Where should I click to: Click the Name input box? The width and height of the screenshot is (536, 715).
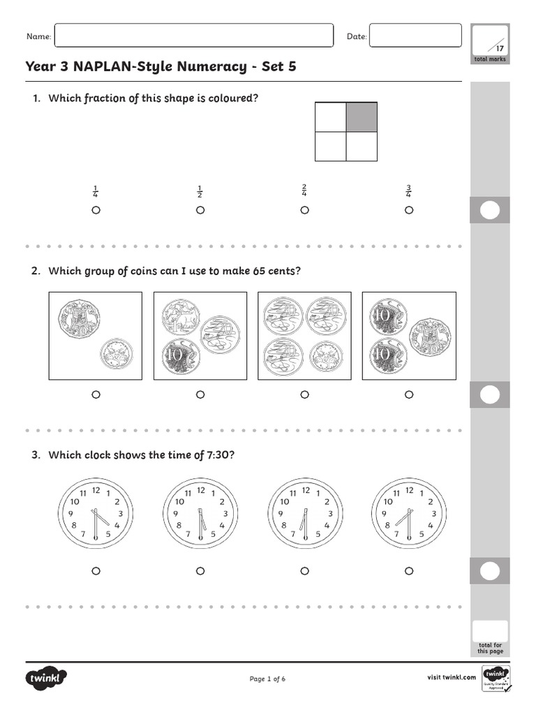pos(193,36)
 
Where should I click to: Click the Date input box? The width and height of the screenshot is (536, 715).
pos(415,36)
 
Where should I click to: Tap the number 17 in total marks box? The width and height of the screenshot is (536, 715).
pos(499,48)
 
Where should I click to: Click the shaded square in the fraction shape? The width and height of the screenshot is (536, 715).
pos(362,117)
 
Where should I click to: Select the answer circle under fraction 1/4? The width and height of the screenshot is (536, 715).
pos(96,210)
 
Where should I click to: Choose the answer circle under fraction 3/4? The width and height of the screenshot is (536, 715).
pos(409,210)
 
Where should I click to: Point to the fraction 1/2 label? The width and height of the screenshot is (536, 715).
pos(200,191)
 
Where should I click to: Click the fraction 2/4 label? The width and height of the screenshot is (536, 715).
pos(304,191)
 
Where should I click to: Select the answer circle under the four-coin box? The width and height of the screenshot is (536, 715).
pos(304,395)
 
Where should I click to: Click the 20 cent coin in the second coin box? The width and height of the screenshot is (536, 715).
pos(217,334)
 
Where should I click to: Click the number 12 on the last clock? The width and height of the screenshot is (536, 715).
pos(410,490)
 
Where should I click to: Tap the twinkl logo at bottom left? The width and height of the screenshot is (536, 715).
pos(47,678)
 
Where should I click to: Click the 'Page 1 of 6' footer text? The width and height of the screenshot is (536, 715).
pos(267,679)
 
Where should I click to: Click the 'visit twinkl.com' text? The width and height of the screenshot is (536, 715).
pos(451,677)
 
